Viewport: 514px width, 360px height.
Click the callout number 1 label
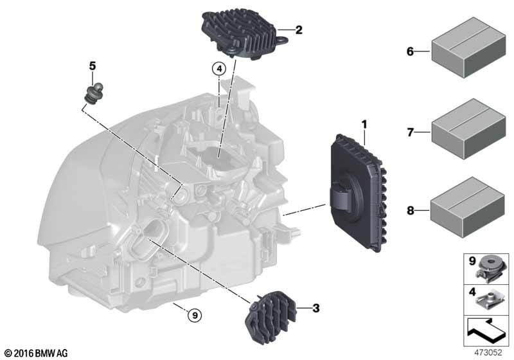tap(364, 122)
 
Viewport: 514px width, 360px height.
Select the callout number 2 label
tap(298, 30)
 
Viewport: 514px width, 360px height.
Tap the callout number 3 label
tap(315, 309)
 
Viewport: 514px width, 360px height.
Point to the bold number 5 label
tap(93, 66)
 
